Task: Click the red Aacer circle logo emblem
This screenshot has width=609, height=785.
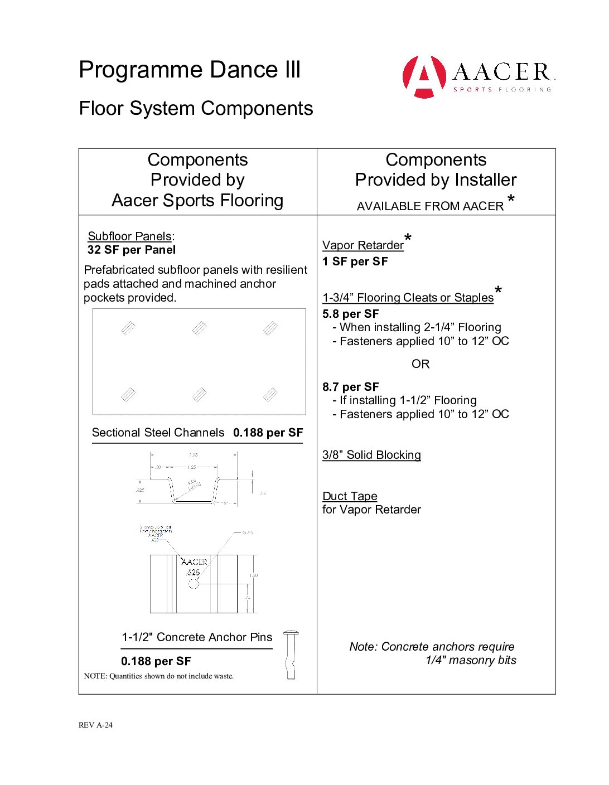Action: pyautogui.click(x=424, y=76)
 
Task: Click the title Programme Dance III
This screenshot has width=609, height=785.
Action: pyautogui.click(x=190, y=70)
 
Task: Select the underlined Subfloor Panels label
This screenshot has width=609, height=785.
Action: pyautogui.click(x=130, y=236)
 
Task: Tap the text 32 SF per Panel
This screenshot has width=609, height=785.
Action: pyautogui.click(x=132, y=250)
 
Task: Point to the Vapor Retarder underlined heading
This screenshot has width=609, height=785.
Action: pyautogui.click(x=363, y=245)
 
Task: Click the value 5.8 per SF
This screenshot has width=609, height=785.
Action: pyautogui.click(x=351, y=314)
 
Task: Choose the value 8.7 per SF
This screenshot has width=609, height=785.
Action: pyautogui.click(x=351, y=387)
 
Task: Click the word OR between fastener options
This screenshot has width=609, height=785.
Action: pyautogui.click(x=420, y=364)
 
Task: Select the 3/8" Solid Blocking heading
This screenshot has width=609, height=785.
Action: pyautogui.click(x=371, y=455)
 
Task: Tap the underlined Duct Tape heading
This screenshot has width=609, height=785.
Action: pyautogui.click(x=350, y=496)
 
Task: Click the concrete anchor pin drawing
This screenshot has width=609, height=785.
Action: pyautogui.click(x=291, y=655)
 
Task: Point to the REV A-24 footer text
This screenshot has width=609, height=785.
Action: pyautogui.click(x=95, y=725)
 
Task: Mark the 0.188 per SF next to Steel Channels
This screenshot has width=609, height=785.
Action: pyautogui.click(x=268, y=433)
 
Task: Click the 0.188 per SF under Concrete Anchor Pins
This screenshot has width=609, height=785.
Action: pyautogui.click(x=156, y=661)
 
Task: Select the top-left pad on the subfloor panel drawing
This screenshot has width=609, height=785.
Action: pyautogui.click(x=128, y=328)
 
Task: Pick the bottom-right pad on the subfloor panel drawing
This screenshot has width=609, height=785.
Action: pyautogui.click(x=270, y=395)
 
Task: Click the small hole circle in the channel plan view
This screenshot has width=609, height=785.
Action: pyautogui.click(x=194, y=584)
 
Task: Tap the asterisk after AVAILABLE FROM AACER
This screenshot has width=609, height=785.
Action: pyautogui.click(x=511, y=200)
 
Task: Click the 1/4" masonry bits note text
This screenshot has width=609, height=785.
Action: pyautogui.click(x=471, y=660)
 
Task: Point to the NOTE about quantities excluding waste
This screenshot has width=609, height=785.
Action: pyautogui.click(x=159, y=676)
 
